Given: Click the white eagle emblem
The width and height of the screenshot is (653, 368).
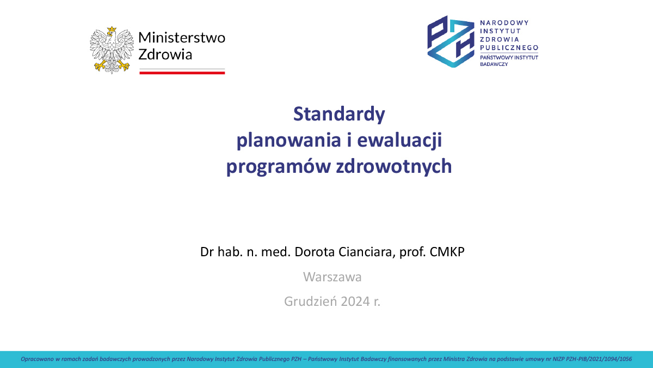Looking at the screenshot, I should click(x=112, y=50).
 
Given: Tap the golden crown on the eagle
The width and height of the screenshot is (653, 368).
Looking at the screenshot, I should click(x=112, y=29).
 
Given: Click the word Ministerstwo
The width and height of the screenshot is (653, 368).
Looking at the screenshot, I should click(x=182, y=38).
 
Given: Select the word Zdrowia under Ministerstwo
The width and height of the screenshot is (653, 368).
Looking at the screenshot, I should click(x=165, y=55).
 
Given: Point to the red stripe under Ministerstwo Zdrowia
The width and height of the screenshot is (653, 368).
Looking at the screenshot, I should click(x=182, y=73).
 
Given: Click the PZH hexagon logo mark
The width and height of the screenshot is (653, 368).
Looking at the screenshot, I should click(x=451, y=41).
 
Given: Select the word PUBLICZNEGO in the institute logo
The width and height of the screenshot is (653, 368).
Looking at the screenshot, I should click(x=509, y=47).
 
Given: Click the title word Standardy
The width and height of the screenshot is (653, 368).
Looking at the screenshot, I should click(x=339, y=114).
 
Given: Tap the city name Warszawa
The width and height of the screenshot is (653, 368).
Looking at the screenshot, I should click(x=332, y=277).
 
